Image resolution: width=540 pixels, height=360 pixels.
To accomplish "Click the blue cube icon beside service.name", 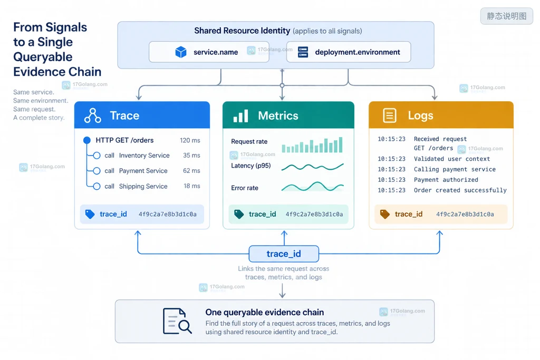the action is coord(181,52).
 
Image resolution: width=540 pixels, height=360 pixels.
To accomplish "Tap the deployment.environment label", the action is coord(358,52).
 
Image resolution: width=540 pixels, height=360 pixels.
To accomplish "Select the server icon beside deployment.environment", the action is coord(303,52).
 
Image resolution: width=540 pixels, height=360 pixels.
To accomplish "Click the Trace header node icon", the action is coord(93,115).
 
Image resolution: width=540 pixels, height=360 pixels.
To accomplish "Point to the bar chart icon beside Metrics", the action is coord(240,116).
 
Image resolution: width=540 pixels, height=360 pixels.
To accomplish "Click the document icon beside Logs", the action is coord(390,115).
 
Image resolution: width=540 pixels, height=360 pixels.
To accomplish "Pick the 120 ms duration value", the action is coord(190,140).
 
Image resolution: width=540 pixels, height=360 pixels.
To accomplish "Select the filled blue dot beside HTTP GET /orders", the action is coord(87,140).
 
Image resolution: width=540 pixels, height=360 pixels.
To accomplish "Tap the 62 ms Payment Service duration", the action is coord(191,171).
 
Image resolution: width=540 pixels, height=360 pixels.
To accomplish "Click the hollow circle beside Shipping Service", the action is coord(97,186).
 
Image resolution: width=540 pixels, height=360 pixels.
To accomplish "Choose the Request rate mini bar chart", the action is coord(312,145).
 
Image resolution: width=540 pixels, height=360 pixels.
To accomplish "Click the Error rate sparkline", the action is coord(312,187).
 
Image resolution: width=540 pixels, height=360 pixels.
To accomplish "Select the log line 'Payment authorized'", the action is coord(446,180).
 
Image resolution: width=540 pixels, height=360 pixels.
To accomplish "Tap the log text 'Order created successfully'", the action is coord(460,190).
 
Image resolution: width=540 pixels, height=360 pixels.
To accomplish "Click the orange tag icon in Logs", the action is coord(384,214).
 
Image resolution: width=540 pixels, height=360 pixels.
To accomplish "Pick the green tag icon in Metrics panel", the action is coord(239,214).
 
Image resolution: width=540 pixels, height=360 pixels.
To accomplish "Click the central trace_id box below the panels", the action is coord(284,254).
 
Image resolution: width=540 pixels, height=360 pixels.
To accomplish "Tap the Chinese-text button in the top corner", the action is coord(507,16).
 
